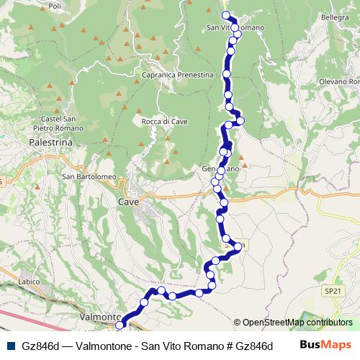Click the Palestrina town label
click(x=50, y=143)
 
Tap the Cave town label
click(x=127, y=203)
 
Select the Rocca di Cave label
click(x=164, y=122)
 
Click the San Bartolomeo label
click(x=89, y=178)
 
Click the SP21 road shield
click(x=330, y=291)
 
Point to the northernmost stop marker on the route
click(x=225, y=15)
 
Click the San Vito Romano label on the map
click(x=235, y=27)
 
